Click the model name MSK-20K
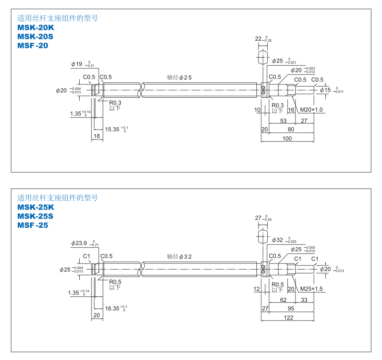[35, 28]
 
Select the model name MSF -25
[33, 225]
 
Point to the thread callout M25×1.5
[310, 289]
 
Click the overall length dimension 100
[287, 138]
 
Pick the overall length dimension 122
[288, 317]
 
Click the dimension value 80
[291, 129]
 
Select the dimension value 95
[291, 309]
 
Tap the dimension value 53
[283, 121]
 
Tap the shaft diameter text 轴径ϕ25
[180, 77]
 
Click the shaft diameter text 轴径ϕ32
[180, 256]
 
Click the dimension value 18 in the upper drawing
[97, 136]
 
